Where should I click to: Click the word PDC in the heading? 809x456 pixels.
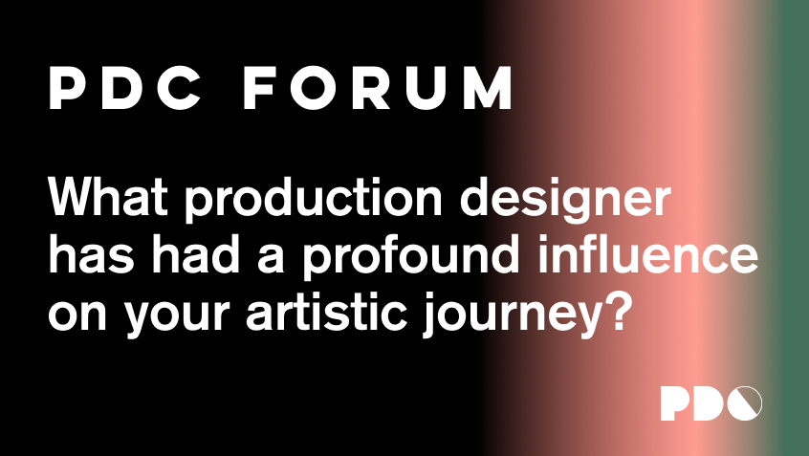click(125, 88)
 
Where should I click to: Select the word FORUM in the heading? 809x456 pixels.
click(378, 88)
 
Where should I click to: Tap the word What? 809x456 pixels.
click(108, 197)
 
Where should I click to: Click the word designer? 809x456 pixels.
click(565, 200)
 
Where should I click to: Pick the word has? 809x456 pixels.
click(91, 253)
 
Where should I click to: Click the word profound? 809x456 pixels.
click(410, 257)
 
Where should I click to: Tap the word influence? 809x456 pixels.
click(648, 253)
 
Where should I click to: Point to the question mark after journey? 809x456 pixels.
click(617, 311)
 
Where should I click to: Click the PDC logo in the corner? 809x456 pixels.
click(711, 402)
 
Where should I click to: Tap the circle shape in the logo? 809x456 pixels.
click(745, 402)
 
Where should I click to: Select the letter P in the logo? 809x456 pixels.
click(674, 402)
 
